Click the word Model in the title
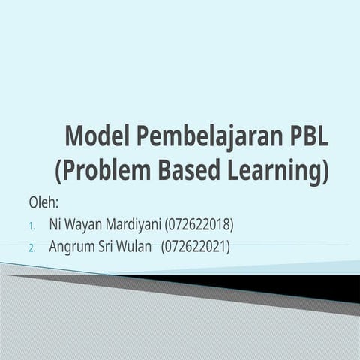tap(97, 137)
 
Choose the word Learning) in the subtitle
tap(279, 172)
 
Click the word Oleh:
tap(43, 203)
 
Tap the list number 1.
tap(32, 226)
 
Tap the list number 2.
tap(32, 247)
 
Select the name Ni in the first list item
tap(55, 224)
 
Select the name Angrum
tap(73, 246)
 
